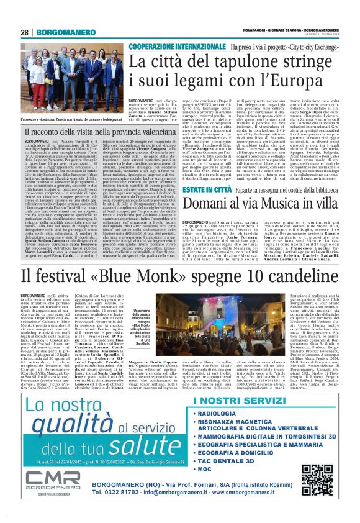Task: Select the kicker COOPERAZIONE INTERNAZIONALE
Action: click(178, 47)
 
